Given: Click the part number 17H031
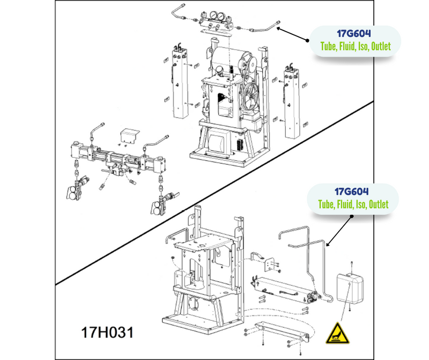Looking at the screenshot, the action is coord(107,332).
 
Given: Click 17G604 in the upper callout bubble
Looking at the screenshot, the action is coord(354,33).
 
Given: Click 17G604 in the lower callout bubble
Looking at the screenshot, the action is coord(352,192).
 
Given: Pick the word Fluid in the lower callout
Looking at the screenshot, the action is coord(345,204).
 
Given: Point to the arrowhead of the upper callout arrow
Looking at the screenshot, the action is coord(277,28).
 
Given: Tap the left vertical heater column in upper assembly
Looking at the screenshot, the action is coord(180,82).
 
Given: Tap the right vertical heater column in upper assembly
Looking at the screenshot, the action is coord(292,102).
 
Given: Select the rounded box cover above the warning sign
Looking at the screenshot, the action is coord(350,288).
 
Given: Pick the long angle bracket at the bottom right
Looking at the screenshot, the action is coord(282,331).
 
